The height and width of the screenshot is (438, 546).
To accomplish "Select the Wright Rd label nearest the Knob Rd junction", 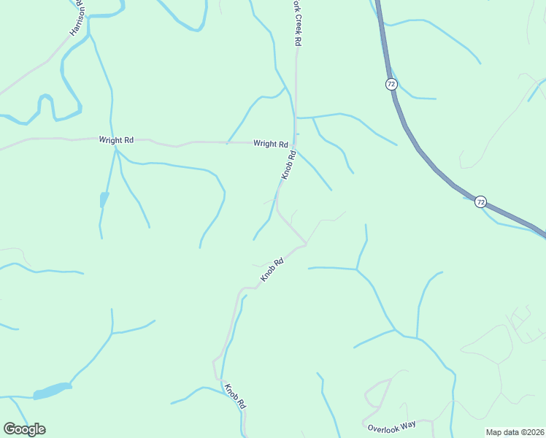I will click(270, 144).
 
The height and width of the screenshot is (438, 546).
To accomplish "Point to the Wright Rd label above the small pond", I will click(117, 139).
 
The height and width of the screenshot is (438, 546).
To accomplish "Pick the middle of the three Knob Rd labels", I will click(272, 270).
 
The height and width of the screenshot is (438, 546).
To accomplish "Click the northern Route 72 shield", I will click(391, 84).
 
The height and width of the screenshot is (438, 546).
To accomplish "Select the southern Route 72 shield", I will click(480, 201).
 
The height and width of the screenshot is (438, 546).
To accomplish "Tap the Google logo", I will click(24, 429).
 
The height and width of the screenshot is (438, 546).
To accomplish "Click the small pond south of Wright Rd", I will click(104, 199).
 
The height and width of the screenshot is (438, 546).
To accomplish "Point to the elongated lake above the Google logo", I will click(53, 391).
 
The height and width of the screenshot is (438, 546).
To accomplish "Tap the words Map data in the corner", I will click(501, 432).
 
